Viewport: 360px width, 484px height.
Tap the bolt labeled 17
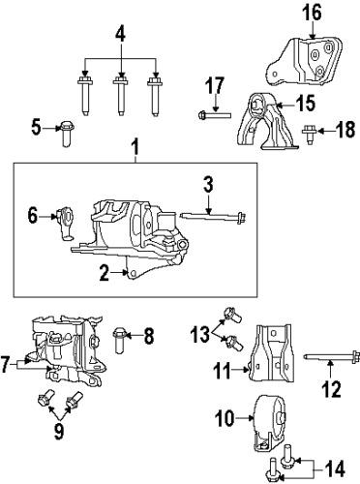(213, 117)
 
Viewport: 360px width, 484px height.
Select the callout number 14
(335, 469)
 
